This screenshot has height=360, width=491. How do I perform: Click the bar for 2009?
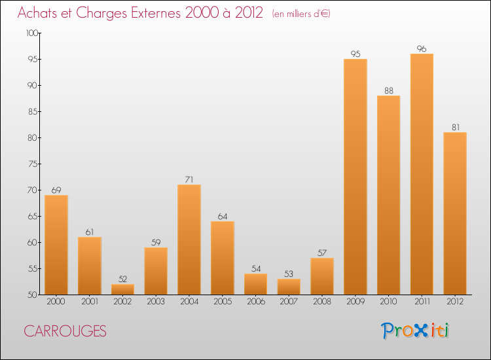(355, 177)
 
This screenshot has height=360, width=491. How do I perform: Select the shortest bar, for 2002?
(122, 289)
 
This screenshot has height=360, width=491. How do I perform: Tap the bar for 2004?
(189, 240)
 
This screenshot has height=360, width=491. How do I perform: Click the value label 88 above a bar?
(388, 91)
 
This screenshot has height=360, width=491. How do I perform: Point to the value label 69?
(56, 190)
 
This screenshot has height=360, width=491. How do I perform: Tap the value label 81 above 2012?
(455, 128)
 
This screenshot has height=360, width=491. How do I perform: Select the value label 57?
(322, 253)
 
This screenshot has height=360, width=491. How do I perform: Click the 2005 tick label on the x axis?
(223, 302)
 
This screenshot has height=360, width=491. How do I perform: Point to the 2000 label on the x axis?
(56, 302)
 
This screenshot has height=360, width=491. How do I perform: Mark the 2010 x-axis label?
(388, 302)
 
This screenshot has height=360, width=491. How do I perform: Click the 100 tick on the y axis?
(31, 33)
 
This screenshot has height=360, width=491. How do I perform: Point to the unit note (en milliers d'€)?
(301, 14)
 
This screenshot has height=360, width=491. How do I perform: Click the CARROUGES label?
(65, 331)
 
